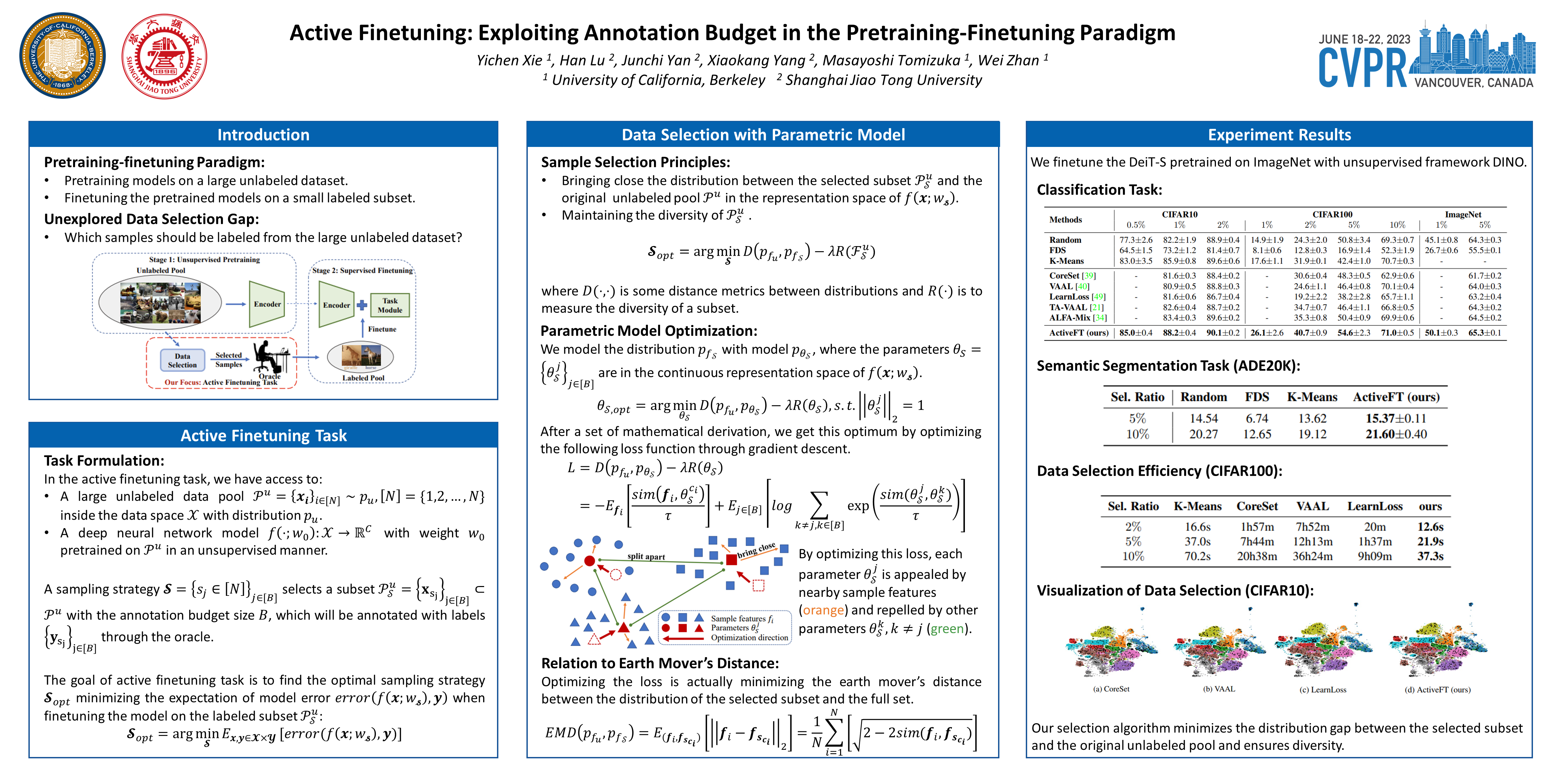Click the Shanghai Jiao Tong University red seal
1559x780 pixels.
point(164,56)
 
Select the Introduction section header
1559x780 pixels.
point(263,134)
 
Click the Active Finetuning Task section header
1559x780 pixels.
point(263,435)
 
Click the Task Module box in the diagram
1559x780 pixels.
point(390,305)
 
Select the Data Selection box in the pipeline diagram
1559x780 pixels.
point(182,360)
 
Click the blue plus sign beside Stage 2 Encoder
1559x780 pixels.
point(362,305)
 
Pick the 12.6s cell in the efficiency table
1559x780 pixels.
point(1430,527)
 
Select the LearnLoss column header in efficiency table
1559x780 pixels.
point(1374,506)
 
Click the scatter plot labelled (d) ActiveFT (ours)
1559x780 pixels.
point(1439,645)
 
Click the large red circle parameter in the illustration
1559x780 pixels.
point(589,561)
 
